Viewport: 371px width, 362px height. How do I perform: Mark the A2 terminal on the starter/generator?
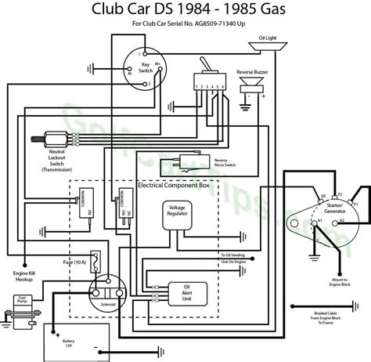tap(341, 222)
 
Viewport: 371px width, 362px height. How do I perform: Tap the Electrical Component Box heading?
tap(174, 186)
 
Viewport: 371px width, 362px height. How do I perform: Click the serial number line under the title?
tap(185, 32)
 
